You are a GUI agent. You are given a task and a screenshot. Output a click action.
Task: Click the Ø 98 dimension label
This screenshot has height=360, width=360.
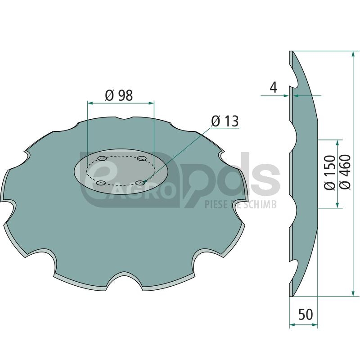click(x=119, y=95)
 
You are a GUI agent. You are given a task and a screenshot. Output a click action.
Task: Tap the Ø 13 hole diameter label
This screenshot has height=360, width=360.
click(x=225, y=121)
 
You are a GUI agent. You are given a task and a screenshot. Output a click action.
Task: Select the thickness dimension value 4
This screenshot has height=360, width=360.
click(x=274, y=87)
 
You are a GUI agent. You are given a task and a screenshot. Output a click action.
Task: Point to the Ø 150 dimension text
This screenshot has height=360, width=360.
click(x=330, y=172)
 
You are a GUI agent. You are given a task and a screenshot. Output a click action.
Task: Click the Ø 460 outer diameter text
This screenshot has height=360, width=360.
click(x=345, y=172)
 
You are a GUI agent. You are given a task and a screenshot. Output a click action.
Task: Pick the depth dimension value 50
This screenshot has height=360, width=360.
click(x=306, y=314)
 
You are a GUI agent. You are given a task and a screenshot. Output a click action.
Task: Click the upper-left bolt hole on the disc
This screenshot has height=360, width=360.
click(x=102, y=158)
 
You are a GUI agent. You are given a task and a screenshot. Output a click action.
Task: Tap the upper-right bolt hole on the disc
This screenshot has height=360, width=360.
click(x=141, y=158)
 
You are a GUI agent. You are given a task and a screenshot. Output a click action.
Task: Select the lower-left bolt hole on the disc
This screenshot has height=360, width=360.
click(x=101, y=183)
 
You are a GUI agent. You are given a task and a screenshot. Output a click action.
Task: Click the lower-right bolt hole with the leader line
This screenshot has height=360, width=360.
click(x=140, y=183)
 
